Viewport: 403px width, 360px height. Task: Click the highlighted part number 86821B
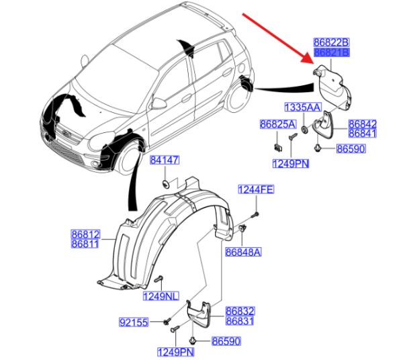(x=332, y=52)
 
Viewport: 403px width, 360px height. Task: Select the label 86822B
(x=332, y=42)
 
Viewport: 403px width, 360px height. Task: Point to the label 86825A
(x=277, y=125)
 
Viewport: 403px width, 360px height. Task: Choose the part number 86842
(x=362, y=124)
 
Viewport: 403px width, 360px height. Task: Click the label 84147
(x=165, y=161)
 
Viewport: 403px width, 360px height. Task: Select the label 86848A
(x=242, y=252)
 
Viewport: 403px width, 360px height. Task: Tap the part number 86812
(x=85, y=234)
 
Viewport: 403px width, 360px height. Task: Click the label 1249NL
(x=160, y=296)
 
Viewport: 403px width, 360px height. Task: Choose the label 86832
(x=240, y=312)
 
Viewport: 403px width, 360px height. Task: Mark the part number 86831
(x=240, y=322)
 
